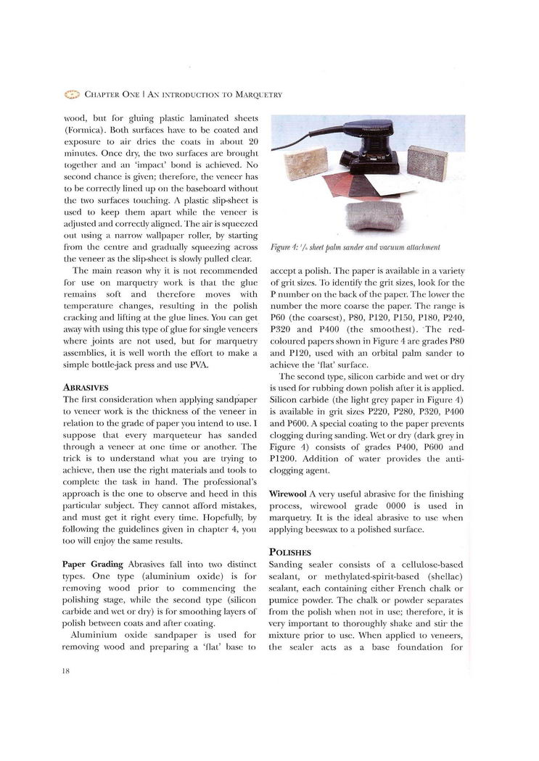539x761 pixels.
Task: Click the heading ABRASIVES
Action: tap(86, 387)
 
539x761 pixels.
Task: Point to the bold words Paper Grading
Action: tap(94, 564)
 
